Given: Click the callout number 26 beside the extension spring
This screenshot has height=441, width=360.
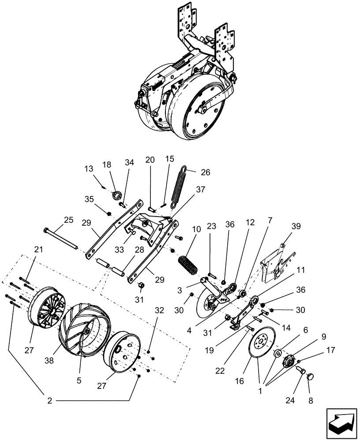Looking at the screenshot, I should pyautogui.click(x=193, y=172).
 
